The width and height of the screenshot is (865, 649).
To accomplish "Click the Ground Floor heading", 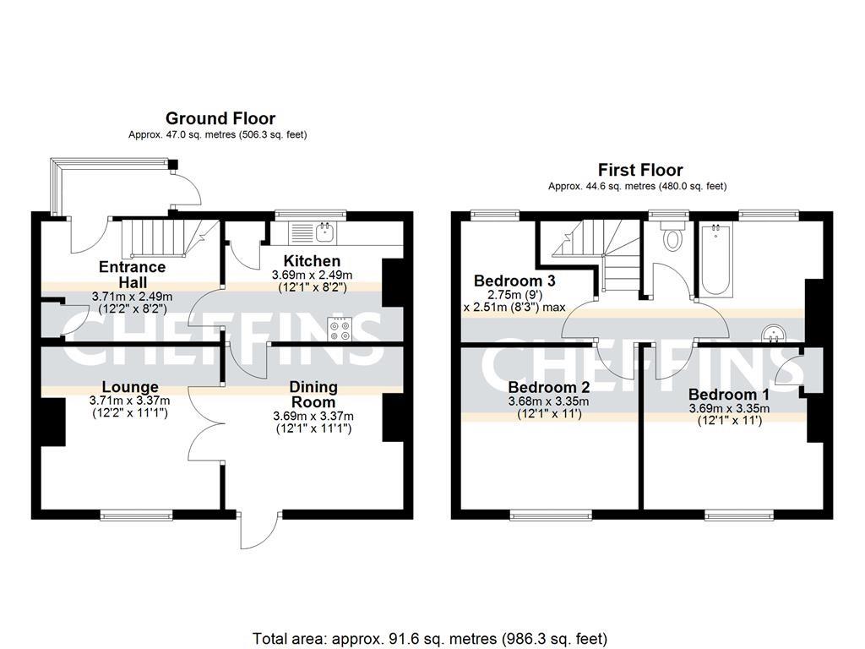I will click(x=220, y=118).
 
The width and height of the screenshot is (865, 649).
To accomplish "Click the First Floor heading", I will click(x=640, y=170).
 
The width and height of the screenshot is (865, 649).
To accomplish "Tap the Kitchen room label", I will click(x=312, y=261).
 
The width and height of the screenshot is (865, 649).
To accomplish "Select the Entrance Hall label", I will click(x=132, y=275).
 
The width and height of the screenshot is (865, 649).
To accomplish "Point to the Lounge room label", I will click(x=130, y=387).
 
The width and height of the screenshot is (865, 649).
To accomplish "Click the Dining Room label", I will click(x=313, y=394).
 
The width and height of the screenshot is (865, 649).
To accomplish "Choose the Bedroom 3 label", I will click(x=514, y=281).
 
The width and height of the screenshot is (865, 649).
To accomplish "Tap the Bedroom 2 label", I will click(x=547, y=387).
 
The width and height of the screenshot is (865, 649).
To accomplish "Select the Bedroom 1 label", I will click(x=728, y=395).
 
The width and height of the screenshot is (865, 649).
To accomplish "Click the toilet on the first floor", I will click(x=673, y=237).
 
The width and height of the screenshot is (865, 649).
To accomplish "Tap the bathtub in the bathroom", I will click(x=716, y=258).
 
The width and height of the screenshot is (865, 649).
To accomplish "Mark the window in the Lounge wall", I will click(x=137, y=514).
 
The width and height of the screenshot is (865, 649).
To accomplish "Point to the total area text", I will click(x=430, y=638).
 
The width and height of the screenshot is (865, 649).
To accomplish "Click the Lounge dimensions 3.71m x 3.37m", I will click(x=130, y=401).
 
